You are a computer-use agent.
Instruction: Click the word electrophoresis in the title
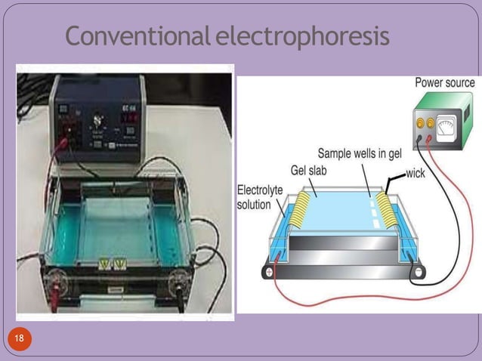click(301, 35)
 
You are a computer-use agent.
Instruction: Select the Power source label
click(445, 82)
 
